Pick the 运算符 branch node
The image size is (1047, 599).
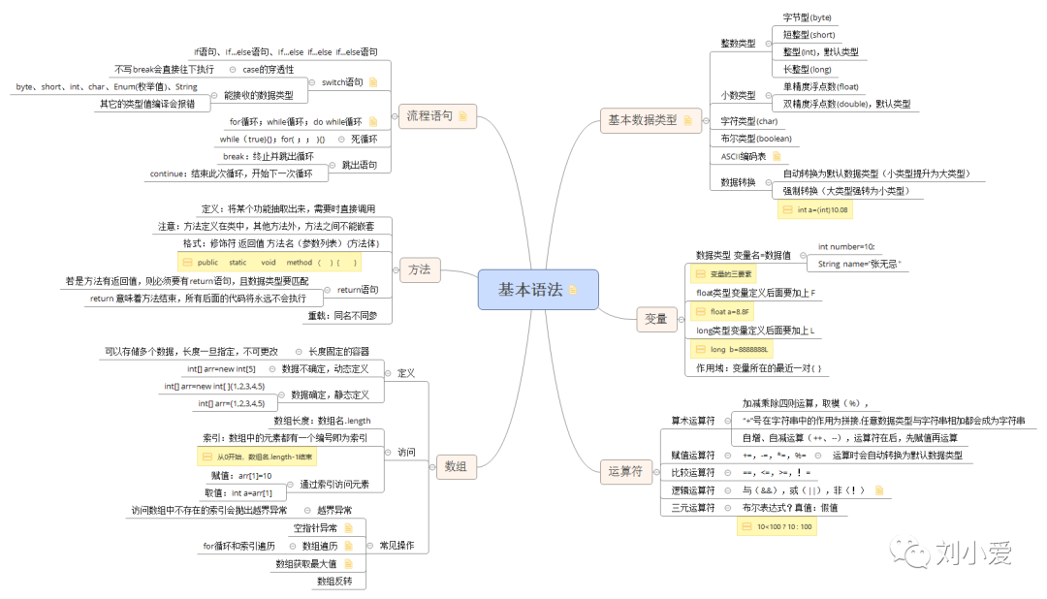625,472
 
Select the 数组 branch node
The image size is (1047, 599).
455,466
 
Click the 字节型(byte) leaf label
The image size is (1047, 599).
807,17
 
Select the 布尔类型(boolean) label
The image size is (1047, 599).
756,139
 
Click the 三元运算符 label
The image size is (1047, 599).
693,507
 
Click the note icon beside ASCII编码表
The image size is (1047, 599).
776,155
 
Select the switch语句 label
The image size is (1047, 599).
341,82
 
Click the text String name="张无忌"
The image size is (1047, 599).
859,264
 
